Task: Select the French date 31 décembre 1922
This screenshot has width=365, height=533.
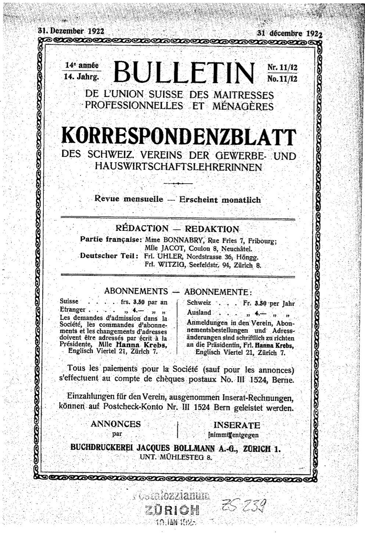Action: [x=289, y=33]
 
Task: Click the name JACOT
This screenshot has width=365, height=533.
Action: [x=171, y=249]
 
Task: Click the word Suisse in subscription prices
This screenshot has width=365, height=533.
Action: [x=69, y=301]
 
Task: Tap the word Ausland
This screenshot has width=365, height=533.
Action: [x=199, y=313]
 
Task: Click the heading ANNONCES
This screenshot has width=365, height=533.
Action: [x=116, y=424]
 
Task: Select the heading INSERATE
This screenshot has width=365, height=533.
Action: [x=237, y=425]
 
